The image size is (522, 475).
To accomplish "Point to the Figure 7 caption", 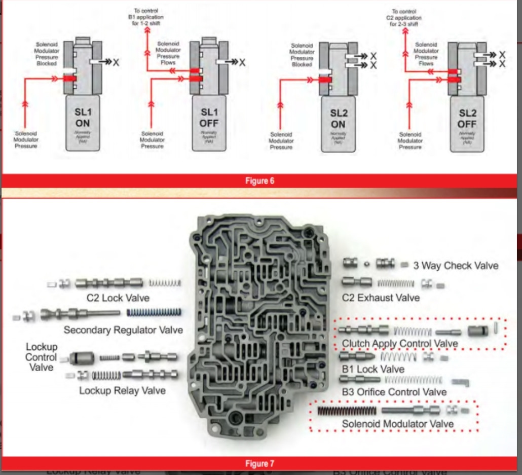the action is (259, 463).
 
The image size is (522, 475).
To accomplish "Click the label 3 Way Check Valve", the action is (456, 266).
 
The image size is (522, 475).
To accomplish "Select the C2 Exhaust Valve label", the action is (381, 298).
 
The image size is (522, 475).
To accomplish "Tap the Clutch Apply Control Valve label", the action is (400, 344).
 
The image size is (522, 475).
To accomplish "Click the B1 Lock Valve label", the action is (373, 369).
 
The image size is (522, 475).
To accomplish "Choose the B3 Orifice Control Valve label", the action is (394, 392).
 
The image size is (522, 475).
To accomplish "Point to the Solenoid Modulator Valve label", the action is (397, 423).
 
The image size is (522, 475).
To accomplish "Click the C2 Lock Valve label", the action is (118, 298).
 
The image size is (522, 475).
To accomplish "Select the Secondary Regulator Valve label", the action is (123, 330).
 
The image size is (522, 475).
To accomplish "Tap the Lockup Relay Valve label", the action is (122, 390).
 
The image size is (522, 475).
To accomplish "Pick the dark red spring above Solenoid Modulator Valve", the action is (347, 410).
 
